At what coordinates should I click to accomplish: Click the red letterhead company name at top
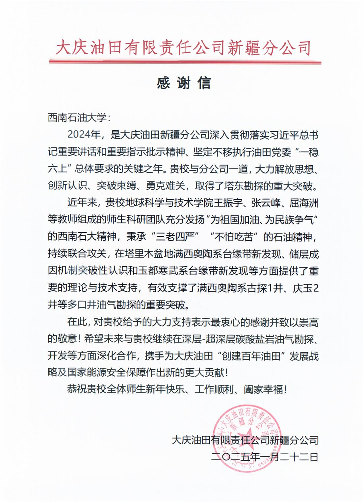(x=183, y=48)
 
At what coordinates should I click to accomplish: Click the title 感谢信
(x=184, y=83)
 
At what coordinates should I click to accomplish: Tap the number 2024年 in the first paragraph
(x=84, y=135)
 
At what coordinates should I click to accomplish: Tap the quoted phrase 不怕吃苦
(x=234, y=237)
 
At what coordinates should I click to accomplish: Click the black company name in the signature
(x=245, y=440)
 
